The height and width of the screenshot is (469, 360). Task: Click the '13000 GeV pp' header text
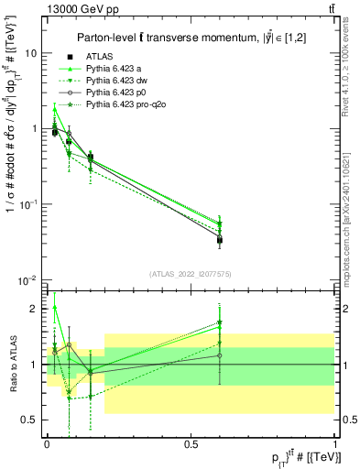(x=75, y=8)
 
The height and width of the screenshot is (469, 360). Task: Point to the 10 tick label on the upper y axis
(x=29, y=53)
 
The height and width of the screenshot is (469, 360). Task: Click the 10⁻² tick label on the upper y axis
(x=27, y=280)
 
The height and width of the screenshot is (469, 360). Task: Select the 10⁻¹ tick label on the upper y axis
(x=27, y=204)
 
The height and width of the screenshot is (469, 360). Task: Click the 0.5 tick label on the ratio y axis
(x=32, y=420)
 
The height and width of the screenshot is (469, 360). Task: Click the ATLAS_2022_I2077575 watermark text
(x=191, y=274)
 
